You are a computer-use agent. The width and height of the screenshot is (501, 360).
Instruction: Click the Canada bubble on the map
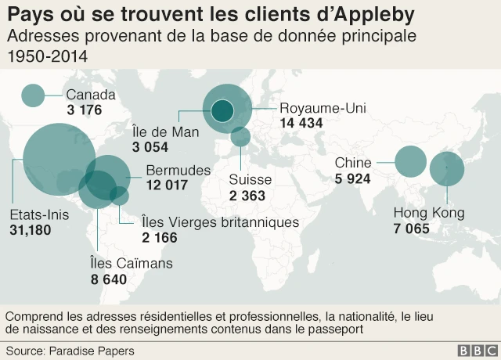click(33, 95)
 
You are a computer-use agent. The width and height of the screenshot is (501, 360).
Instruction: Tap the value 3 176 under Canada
click(85, 110)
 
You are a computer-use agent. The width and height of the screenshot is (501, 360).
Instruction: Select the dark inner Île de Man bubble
click(223, 110)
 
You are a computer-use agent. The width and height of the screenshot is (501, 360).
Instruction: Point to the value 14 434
click(301, 123)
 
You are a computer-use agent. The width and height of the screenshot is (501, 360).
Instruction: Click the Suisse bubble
click(240, 137)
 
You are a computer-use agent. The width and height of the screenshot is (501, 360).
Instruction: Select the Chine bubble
click(410, 161)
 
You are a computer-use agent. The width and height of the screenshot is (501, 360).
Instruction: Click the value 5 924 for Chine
click(352, 178)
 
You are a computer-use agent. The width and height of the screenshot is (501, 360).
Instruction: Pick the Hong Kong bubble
click(446, 168)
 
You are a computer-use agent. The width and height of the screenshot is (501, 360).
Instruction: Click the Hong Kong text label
click(429, 213)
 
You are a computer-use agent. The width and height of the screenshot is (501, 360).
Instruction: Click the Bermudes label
click(178, 170)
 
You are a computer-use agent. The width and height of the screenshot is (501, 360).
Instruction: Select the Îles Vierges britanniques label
click(220, 222)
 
